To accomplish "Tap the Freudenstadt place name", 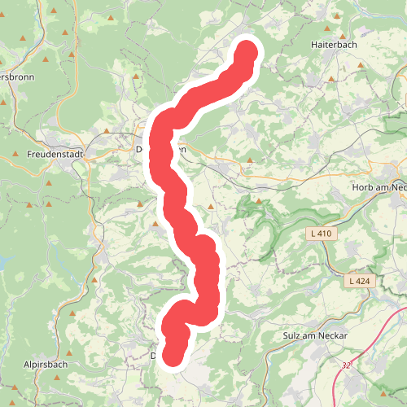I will point(55,154).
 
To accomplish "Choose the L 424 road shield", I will point(357,281).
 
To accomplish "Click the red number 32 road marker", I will point(348,365).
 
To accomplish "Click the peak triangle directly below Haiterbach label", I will point(334,79).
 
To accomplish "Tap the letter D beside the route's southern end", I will point(154,356).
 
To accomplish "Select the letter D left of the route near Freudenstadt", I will point(140,149).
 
